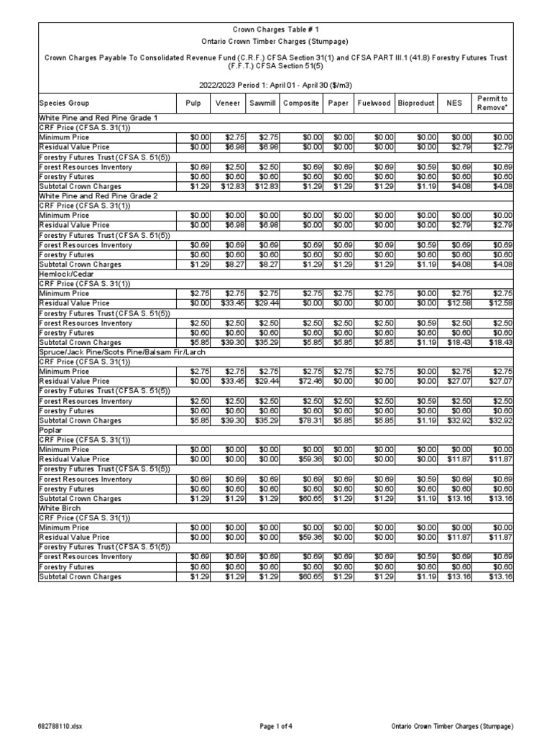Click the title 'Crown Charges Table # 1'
point(276,29)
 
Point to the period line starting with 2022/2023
point(276,84)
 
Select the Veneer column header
point(228,103)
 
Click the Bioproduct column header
point(416,103)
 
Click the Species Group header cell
point(63,103)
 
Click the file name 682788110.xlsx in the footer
point(61,726)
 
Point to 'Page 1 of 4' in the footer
point(276,726)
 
